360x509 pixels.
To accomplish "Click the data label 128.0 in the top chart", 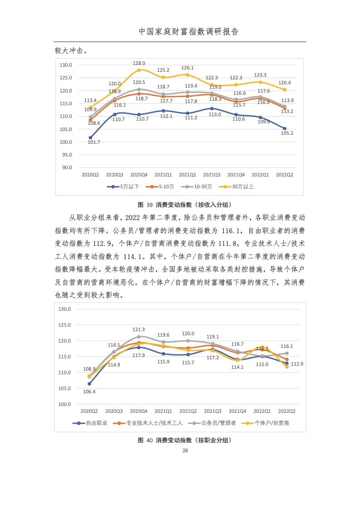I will [139, 63].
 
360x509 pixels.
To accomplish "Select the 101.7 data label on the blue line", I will [93, 142].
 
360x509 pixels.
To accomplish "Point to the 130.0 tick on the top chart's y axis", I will [66, 65].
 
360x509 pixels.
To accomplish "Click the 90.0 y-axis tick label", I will [67, 167].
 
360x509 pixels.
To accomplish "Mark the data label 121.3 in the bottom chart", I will [138, 329].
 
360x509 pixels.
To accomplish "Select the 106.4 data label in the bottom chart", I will [89, 392].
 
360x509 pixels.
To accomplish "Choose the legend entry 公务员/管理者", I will [218, 423].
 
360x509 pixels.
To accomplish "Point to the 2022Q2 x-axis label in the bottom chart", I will [286, 411].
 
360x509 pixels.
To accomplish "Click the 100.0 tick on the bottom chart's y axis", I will [65, 404].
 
